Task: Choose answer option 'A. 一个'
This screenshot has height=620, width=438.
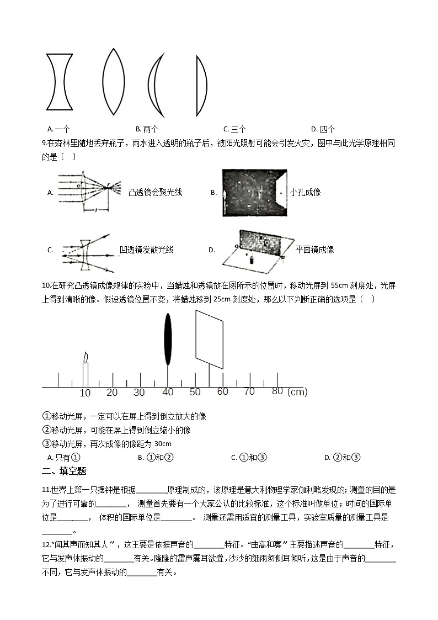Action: tap(59, 129)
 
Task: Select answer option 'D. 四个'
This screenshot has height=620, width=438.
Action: tap(323, 129)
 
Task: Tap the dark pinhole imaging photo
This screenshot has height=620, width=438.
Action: tap(253, 193)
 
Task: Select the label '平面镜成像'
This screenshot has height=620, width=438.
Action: tap(315, 250)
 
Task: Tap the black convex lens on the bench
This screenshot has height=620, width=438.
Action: tap(168, 340)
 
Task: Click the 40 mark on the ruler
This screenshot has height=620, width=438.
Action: tap(168, 392)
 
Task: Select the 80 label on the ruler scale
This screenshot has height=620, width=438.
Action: tap(277, 391)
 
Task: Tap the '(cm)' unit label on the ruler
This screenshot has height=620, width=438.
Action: tap(297, 392)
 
